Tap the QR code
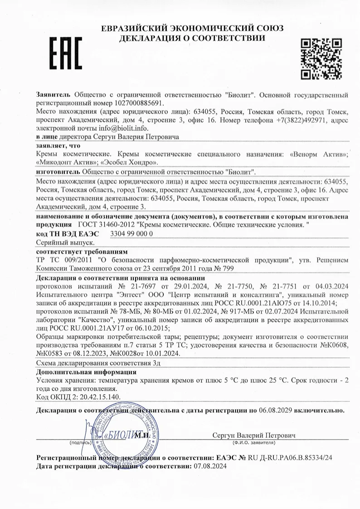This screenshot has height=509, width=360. pyautogui.click(x=321, y=58)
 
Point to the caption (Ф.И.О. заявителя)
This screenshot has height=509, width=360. pyautogui.click(x=253, y=442)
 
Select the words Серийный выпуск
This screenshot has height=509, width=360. pyautogui.click(x=62, y=243)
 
